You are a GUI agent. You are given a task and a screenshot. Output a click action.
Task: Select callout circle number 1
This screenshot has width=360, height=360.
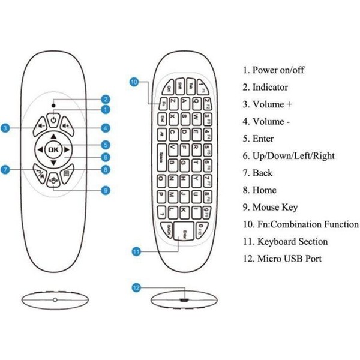pyautogui.click(x=105, y=110)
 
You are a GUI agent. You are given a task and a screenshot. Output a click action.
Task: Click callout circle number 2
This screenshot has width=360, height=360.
pyautogui.click(x=105, y=100)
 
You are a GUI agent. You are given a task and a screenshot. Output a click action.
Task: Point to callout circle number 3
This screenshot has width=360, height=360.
pyautogui.click(x=5, y=128)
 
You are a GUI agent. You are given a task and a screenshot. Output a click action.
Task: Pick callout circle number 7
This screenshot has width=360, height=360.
pyautogui.click(x=5, y=170)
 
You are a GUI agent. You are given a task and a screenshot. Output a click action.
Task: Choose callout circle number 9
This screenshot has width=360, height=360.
pyautogui.click(x=105, y=191)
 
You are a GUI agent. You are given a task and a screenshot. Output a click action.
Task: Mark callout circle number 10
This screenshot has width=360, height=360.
pyautogui.click(x=134, y=81)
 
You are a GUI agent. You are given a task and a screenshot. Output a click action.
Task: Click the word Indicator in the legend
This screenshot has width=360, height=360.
pyautogui.click(x=270, y=87)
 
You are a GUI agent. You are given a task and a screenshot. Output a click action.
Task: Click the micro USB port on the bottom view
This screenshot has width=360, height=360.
pyautogui.click(x=183, y=298)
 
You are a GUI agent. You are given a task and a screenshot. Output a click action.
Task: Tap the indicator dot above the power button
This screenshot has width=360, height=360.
pyautogui.click(x=53, y=105)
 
